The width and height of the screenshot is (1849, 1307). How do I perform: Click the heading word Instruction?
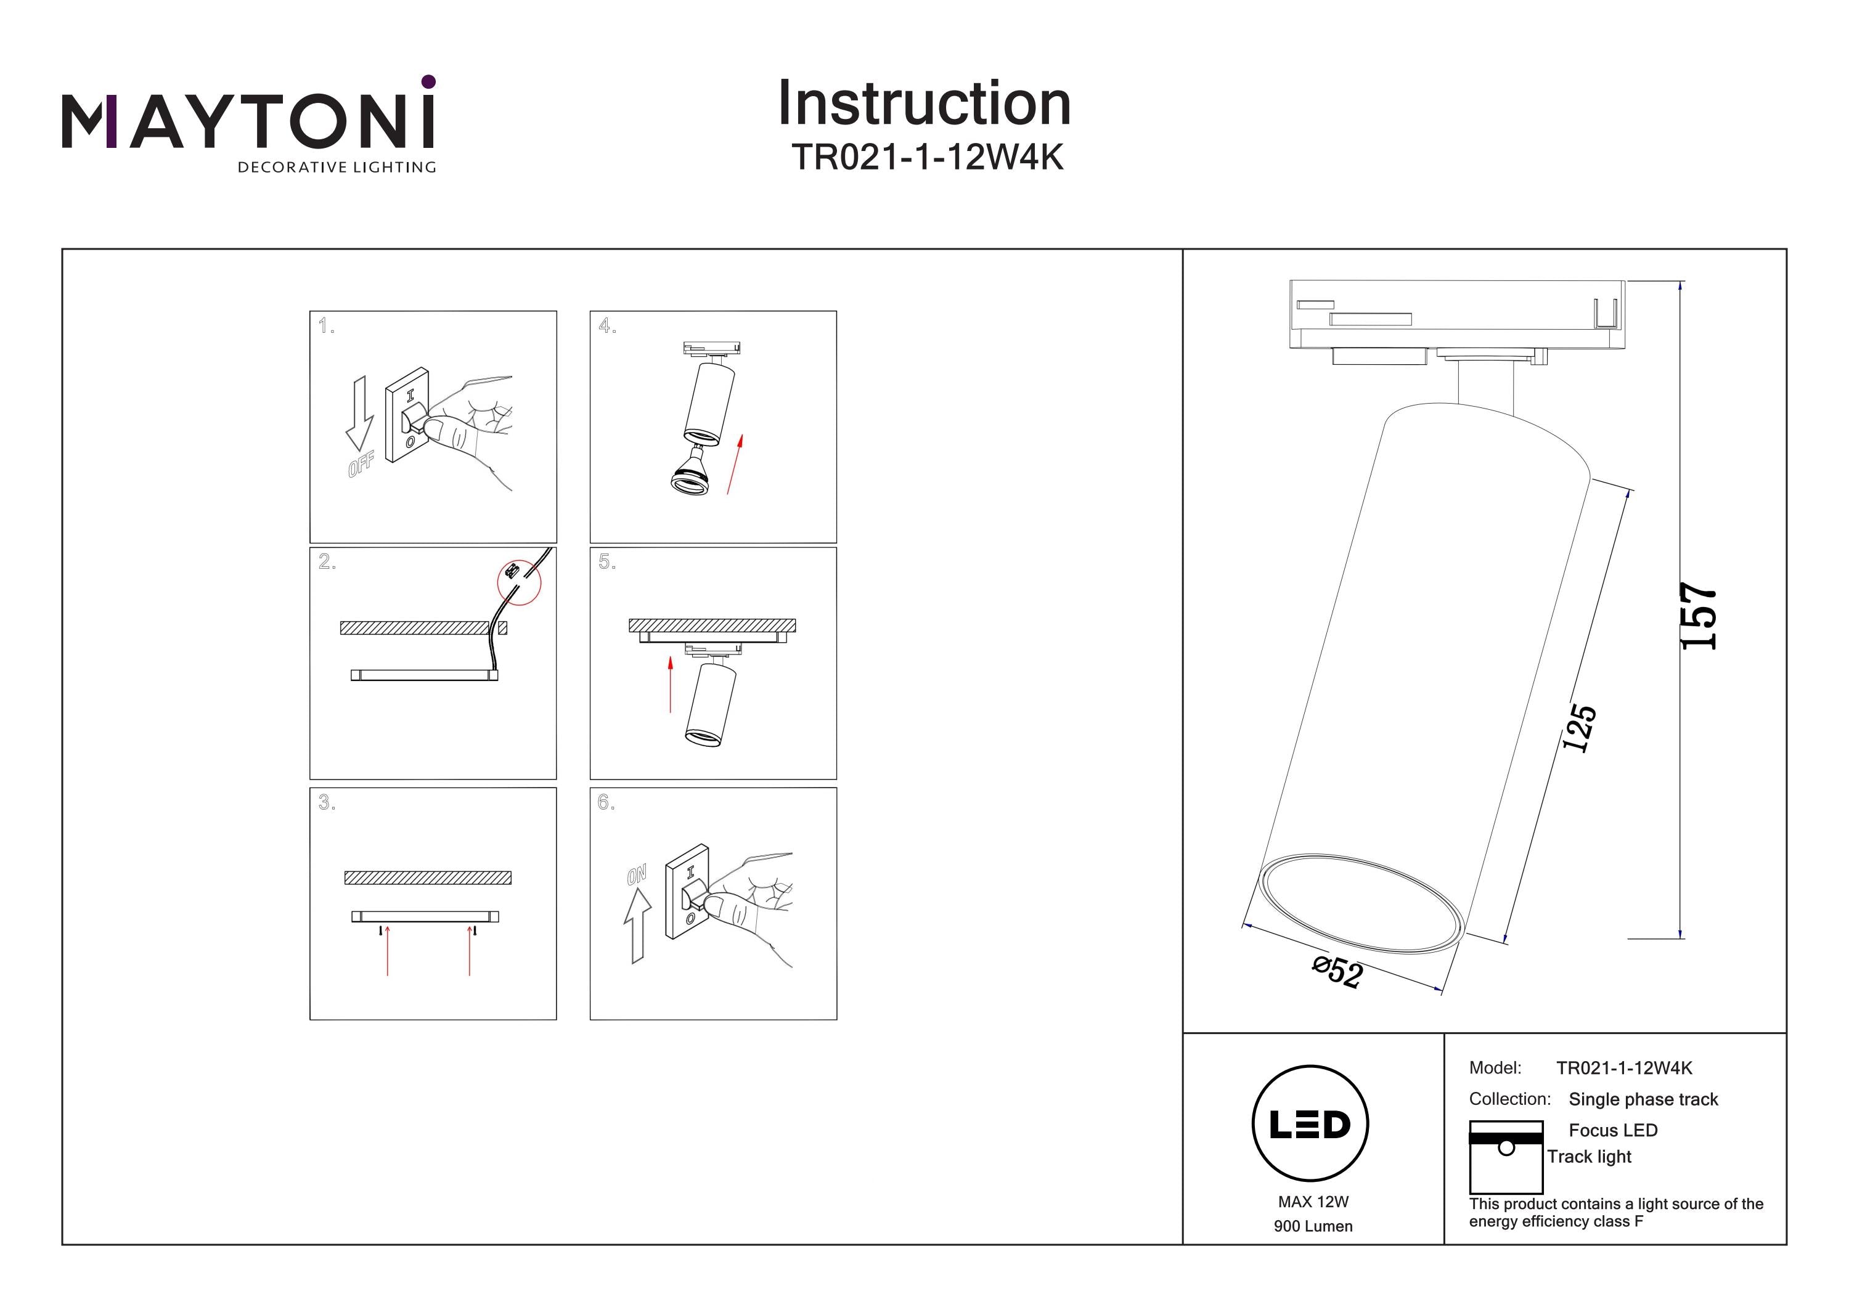pyautogui.click(x=924, y=104)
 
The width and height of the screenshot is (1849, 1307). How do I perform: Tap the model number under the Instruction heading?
pyautogui.click(x=927, y=158)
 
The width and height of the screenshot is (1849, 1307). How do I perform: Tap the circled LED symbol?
pyautogui.click(x=1310, y=1123)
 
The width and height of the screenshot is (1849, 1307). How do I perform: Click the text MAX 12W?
pyautogui.click(x=1313, y=1202)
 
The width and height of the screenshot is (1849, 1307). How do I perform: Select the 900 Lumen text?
pyautogui.click(x=1313, y=1226)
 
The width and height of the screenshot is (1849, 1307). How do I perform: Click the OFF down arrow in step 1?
pyautogui.click(x=360, y=413)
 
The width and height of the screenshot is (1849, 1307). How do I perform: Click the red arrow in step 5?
pyautogui.click(x=670, y=685)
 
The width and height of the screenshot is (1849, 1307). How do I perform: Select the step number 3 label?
pyautogui.click(x=325, y=802)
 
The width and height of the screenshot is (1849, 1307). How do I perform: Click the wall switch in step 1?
pyautogui.click(x=407, y=415)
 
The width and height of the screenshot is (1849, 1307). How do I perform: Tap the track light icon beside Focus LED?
pyautogui.click(x=1505, y=1157)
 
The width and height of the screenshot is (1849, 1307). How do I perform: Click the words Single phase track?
pyautogui.click(x=1643, y=1099)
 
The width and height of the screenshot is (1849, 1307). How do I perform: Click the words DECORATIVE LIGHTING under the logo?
pyautogui.click(x=337, y=168)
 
